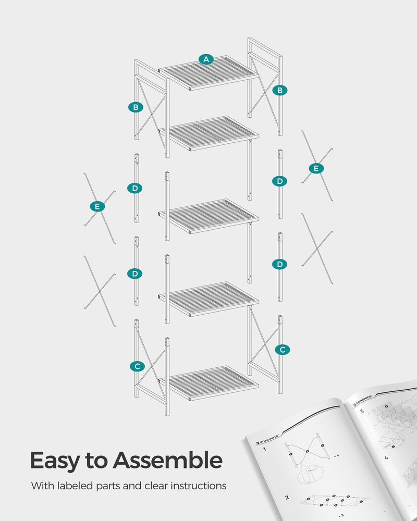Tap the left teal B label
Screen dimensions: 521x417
tap(136, 107)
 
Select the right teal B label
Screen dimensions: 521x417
tap(280, 90)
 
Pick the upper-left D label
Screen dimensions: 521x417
tap(135, 188)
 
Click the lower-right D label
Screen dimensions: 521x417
tap(280, 264)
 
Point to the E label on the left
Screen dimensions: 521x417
tap(97, 207)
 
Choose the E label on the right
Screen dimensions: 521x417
tap(315, 168)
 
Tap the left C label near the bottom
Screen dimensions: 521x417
tap(137, 366)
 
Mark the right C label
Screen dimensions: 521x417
tap(282, 350)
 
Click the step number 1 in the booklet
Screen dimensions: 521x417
tap(265, 449)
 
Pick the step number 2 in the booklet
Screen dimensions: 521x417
tap(287, 498)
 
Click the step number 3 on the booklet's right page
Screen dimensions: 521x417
tap(361, 411)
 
